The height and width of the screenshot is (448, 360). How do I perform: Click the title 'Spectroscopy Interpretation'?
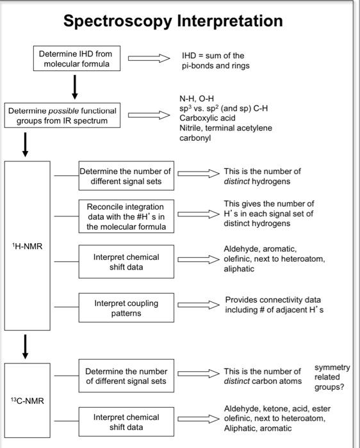[x=173, y=21]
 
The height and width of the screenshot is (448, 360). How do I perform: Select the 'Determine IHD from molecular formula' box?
[x=76, y=60]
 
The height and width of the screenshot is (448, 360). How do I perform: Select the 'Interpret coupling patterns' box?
[x=126, y=308]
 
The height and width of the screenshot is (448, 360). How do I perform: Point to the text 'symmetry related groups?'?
[x=332, y=377]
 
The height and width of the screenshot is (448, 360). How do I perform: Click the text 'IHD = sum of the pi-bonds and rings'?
[x=215, y=61]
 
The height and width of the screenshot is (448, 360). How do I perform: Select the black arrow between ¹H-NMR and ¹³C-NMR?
[x=26, y=346]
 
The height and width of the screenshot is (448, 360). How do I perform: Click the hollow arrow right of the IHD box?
[x=149, y=59]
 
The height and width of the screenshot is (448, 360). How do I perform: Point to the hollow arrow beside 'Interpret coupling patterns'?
[x=198, y=306]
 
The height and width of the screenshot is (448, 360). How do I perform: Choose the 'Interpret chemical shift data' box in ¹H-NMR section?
[x=126, y=262]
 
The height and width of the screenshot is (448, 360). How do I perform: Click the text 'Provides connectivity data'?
[x=273, y=300]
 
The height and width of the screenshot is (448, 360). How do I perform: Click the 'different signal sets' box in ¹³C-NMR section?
[x=126, y=376]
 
